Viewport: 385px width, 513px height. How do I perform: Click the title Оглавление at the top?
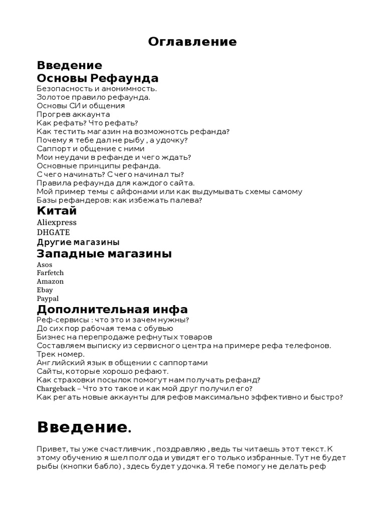click(x=192, y=42)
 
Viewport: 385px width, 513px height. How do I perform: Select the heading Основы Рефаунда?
click(x=97, y=78)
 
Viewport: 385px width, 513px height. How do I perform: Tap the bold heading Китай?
click(x=57, y=210)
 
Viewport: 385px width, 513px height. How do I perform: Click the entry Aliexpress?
click(x=57, y=222)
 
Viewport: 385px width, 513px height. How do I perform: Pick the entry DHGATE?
click(x=53, y=232)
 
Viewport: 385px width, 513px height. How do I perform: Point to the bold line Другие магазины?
click(x=78, y=242)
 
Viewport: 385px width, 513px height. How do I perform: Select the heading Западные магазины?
click(x=104, y=254)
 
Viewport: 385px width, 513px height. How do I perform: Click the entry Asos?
click(x=45, y=265)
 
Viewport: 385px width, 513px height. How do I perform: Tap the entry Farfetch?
click(x=50, y=273)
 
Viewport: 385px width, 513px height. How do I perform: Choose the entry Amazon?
click(x=50, y=282)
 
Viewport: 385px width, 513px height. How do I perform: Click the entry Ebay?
click(x=45, y=290)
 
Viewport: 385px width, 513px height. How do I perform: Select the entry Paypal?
click(x=48, y=299)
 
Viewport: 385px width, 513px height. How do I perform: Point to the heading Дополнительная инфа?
click(x=112, y=309)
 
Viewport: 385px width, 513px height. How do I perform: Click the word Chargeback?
click(x=56, y=388)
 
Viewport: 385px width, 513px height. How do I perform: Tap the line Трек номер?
click(x=61, y=354)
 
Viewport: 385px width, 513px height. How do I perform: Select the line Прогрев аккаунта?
click(x=73, y=114)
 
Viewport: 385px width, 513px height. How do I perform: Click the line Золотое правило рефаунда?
click(x=93, y=97)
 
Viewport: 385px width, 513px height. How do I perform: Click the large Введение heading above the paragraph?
click(x=83, y=427)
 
